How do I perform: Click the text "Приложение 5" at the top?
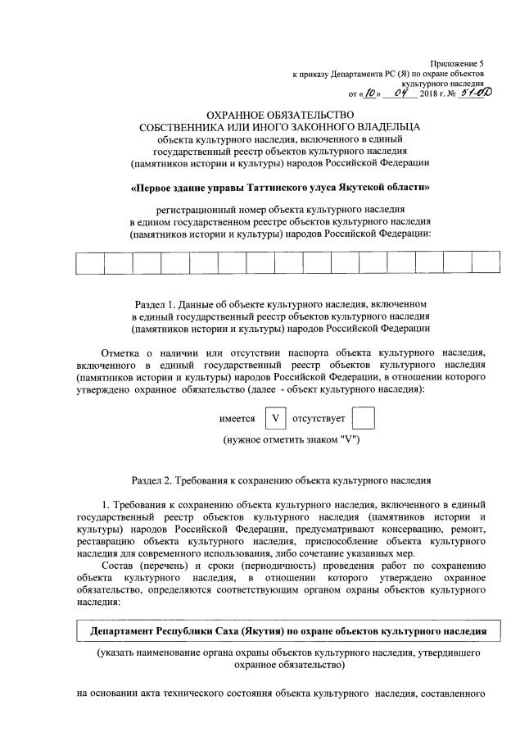click(458, 63)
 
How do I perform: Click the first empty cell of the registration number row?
click(90, 263)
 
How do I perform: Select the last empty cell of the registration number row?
click(486, 263)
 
